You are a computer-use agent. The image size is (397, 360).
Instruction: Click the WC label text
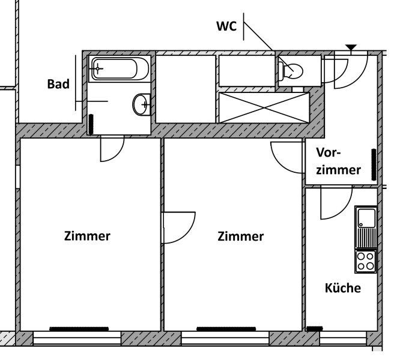click(226, 26)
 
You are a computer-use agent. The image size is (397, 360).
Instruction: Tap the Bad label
click(58, 84)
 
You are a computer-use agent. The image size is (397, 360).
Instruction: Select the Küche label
click(342, 288)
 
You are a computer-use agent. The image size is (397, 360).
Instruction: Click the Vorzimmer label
click(338, 161)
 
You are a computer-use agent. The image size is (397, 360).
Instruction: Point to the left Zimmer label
click(87, 236)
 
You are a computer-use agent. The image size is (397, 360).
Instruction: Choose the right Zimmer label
click(240, 236)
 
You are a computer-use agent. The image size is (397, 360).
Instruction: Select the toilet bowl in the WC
click(292, 71)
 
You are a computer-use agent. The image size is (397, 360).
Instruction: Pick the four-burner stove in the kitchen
click(365, 260)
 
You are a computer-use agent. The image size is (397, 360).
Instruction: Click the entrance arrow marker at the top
click(351, 47)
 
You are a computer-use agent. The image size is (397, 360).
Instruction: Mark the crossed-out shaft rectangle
click(263, 106)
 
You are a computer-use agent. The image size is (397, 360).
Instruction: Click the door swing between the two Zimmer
click(178, 228)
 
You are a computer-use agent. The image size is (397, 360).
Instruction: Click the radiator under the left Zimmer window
click(79, 329)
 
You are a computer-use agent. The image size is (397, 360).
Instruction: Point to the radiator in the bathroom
click(92, 125)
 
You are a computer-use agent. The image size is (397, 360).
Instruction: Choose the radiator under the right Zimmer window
click(226, 329)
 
